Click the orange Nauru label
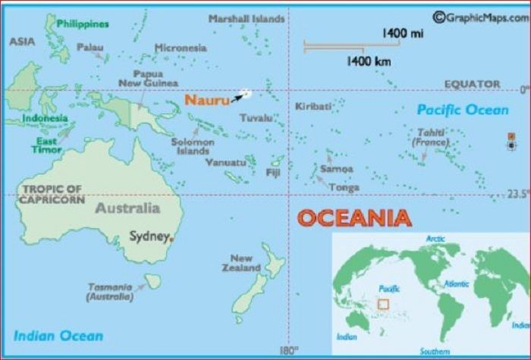(x=207, y=100)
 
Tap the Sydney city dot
(x=171, y=239)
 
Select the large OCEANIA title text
(x=354, y=218)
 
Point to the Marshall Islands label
(x=247, y=18)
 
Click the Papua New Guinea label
(x=148, y=78)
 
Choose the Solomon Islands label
(x=193, y=146)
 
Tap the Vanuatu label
(x=225, y=162)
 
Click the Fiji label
(x=273, y=173)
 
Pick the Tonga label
(x=344, y=187)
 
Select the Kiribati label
(x=313, y=106)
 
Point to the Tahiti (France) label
(x=429, y=137)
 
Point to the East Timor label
(x=47, y=146)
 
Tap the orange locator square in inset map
(x=383, y=304)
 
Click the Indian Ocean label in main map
(x=58, y=335)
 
